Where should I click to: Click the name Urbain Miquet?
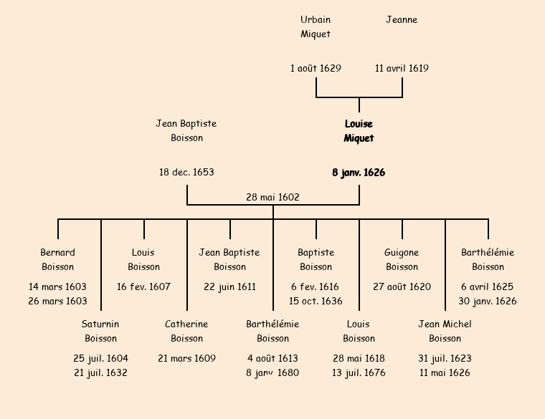click(316, 27)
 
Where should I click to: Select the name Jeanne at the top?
click(402, 20)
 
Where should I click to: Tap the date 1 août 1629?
click(316, 69)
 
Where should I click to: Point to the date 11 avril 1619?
click(402, 69)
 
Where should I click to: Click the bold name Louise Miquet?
click(359, 131)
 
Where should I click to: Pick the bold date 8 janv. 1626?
click(359, 173)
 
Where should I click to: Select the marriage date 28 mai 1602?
click(272, 197)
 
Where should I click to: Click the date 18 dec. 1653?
click(186, 173)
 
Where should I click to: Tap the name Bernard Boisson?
click(57, 260)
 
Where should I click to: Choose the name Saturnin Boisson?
click(100, 332)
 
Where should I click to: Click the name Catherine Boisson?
click(186, 332)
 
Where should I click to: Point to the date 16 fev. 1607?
click(143, 287)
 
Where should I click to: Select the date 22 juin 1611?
click(229, 287)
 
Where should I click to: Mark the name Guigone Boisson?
click(402, 260)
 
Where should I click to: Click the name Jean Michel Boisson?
click(445, 332)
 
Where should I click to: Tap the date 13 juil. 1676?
click(359, 373)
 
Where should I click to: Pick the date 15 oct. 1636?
click(316, 302)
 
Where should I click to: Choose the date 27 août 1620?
click(402, 287)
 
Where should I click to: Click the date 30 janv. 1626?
click(488, 302)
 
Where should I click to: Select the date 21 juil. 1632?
click(100, 373)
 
